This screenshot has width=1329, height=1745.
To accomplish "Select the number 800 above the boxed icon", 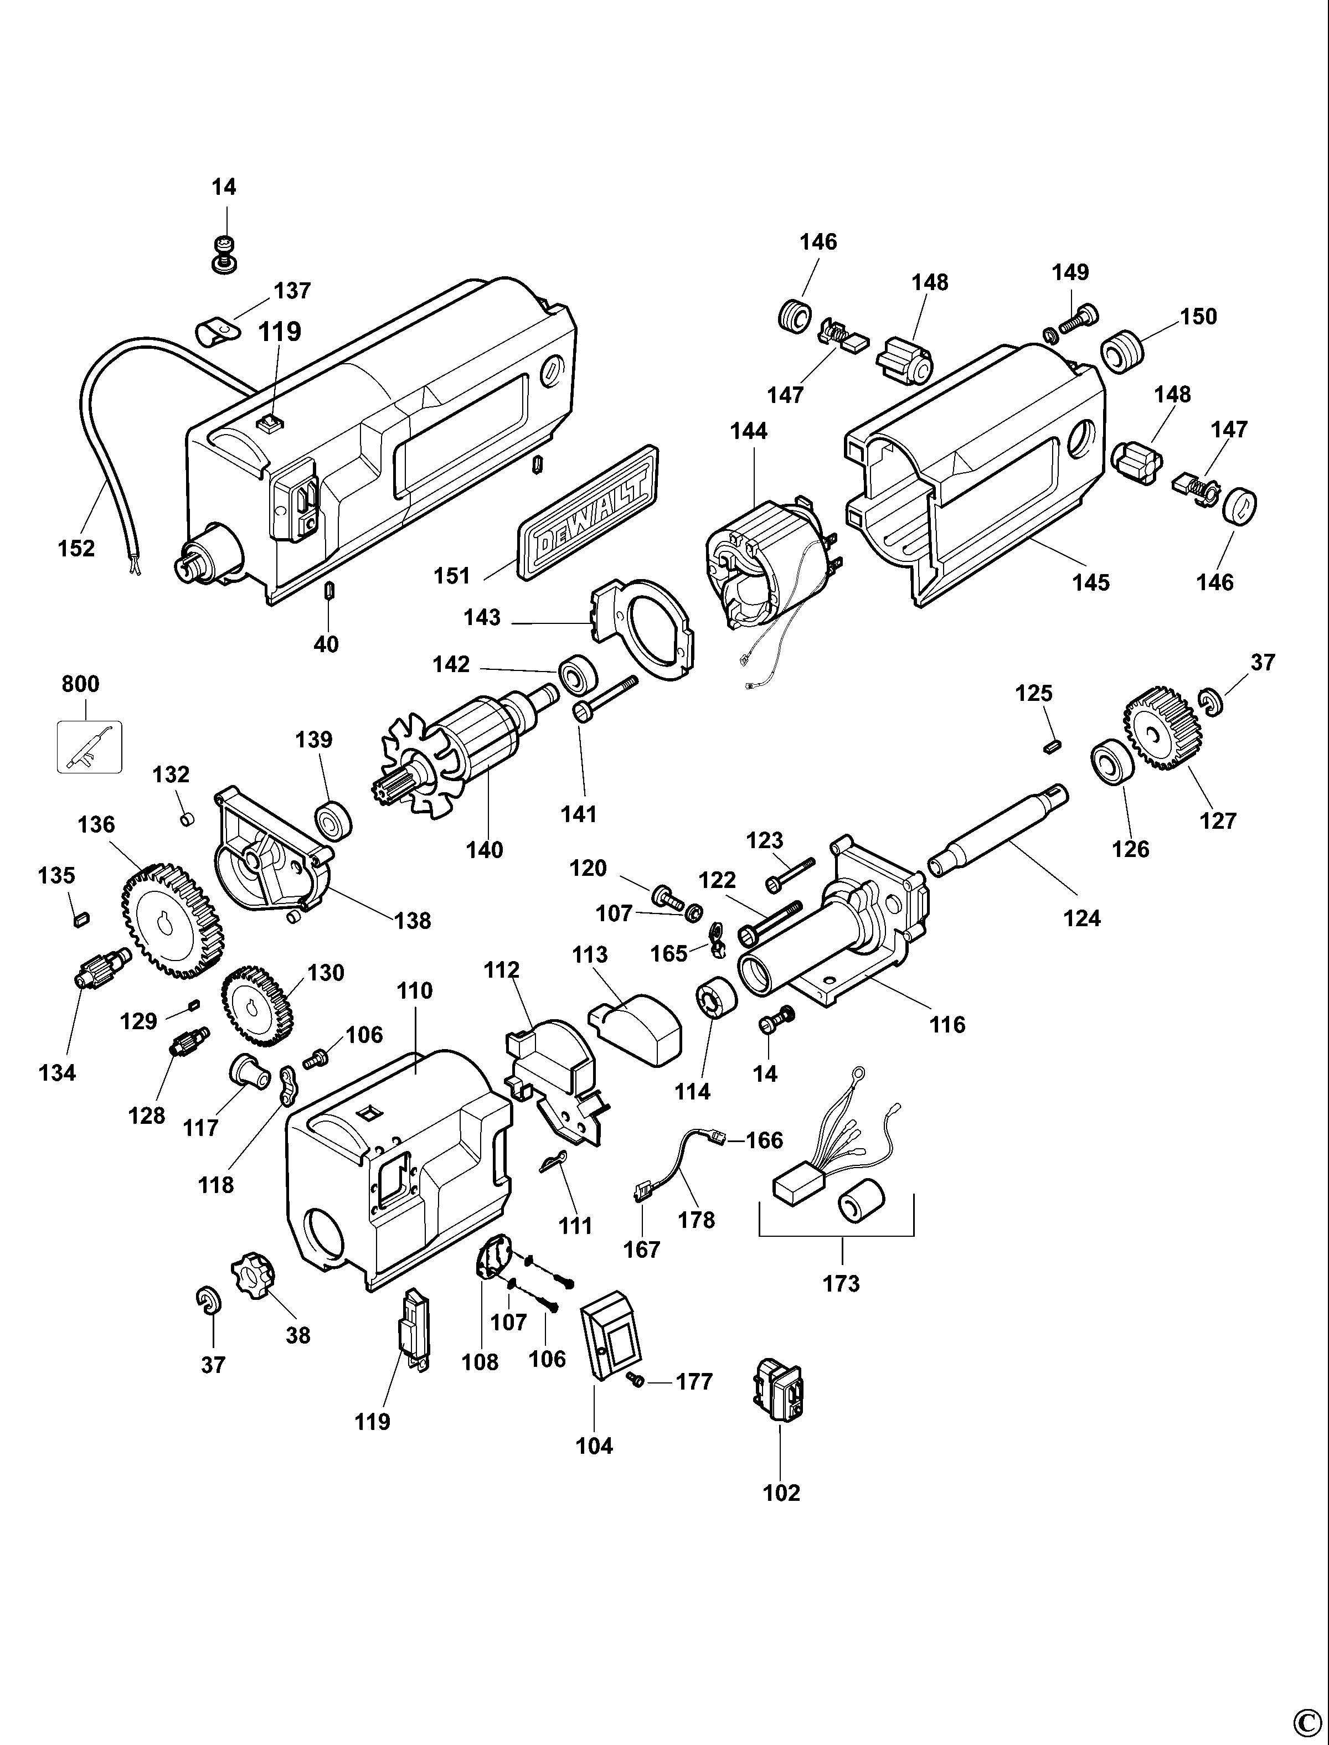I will tap(81, 684).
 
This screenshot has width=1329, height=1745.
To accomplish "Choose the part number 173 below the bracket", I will tap(841, 1283).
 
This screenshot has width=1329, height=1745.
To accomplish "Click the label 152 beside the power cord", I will tap(76, 548).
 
